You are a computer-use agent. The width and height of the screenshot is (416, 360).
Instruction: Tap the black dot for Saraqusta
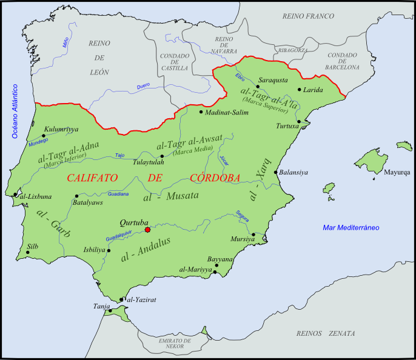[258, 87]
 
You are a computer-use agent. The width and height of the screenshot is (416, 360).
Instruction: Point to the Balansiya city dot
[276, 172]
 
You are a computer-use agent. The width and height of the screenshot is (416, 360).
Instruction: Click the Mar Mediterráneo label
[351, 228]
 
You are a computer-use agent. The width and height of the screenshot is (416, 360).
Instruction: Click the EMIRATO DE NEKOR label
[175, 344]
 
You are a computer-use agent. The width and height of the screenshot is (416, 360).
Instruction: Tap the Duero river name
[143, 87]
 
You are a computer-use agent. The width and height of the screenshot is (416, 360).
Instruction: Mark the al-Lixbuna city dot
[15, 195]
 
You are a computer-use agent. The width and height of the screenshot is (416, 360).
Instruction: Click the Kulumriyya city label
[61, 128]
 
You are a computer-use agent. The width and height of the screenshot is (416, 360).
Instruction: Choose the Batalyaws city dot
[76, 196]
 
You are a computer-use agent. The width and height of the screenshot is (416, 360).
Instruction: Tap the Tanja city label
[101, 306]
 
